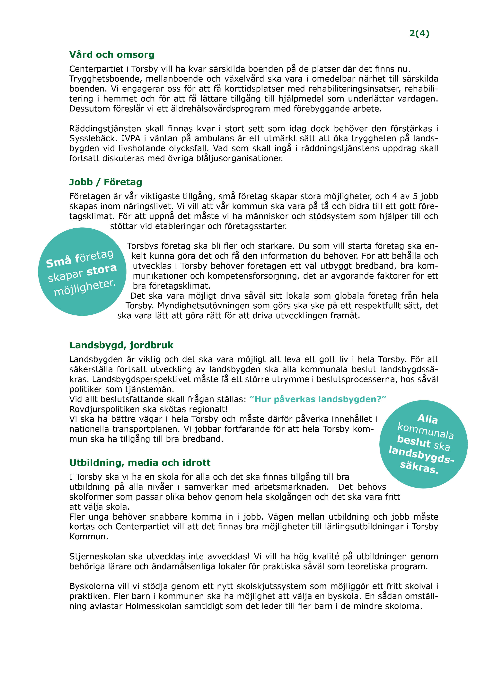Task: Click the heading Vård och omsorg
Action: pyautogui.click(x=112, y=55)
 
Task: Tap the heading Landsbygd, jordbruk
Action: pyautogui.click(x=121, y=345)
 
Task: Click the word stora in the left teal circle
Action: pyautogui.click(x=102, y=269)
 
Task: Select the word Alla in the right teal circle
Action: pyautogui.click(x=428, y=419)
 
